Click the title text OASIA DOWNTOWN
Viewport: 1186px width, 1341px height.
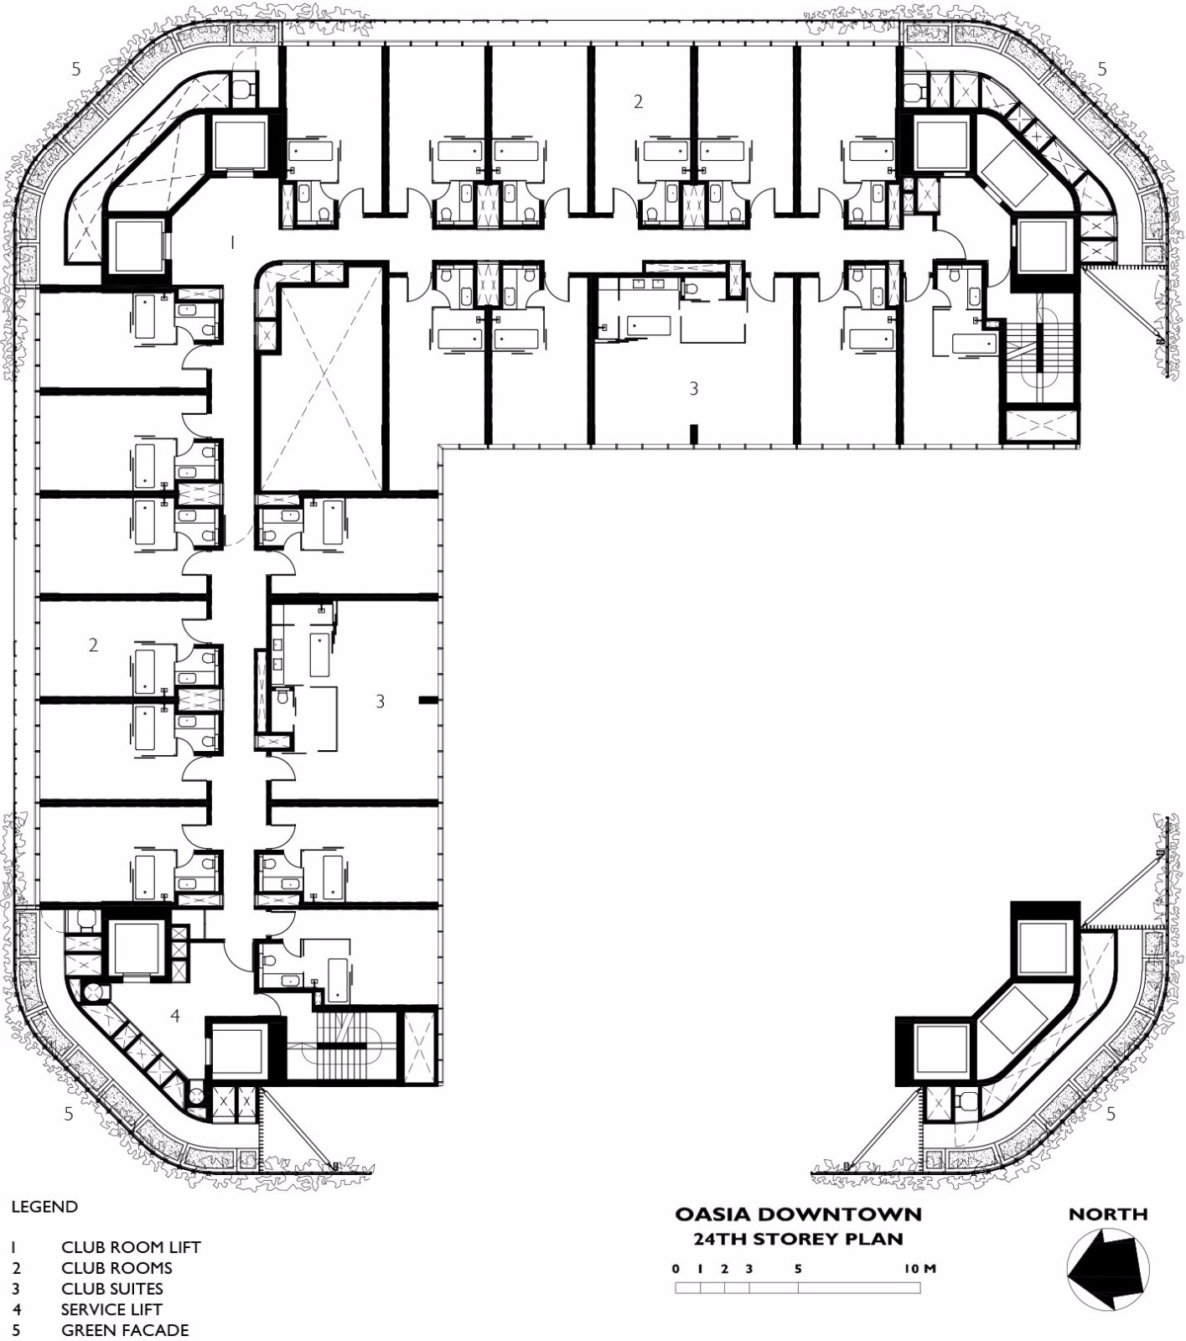click(x=798, y=1214)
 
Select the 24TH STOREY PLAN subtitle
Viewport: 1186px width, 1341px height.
click(x=798, y=1239)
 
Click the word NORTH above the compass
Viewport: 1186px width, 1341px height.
click(x=1108, y=1214)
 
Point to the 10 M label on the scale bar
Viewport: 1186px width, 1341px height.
click(x=919, y=1268)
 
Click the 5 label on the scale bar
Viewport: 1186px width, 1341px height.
click(x=798, y=1268)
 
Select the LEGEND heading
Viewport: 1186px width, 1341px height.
click(x=44, y=1207)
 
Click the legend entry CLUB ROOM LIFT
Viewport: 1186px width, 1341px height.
click(x=131, y=1247)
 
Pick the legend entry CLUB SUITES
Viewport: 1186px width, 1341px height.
click(x=112, y=1288)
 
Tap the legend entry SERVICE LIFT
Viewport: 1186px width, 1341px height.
click(x=111, y=1309)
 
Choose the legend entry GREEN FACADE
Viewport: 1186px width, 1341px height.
click(x=125, y=1330)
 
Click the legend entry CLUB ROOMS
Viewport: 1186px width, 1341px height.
click(x=117, y=1268)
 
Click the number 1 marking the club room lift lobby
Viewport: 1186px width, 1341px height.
click(x=232, y=242)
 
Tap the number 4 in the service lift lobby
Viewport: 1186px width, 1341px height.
click(x=175, y=1016)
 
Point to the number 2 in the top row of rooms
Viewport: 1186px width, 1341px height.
click(x=639, y=101)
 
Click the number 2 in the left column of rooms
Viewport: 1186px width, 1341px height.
click(x=93, y=645)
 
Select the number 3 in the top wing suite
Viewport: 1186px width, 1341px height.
click(x=693, y=388)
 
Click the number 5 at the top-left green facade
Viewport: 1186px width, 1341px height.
click(x=76, y=69)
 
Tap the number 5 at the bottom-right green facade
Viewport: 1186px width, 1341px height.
click(x=1111, y=1114)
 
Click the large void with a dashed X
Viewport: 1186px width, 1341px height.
click(x=323, y=377)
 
